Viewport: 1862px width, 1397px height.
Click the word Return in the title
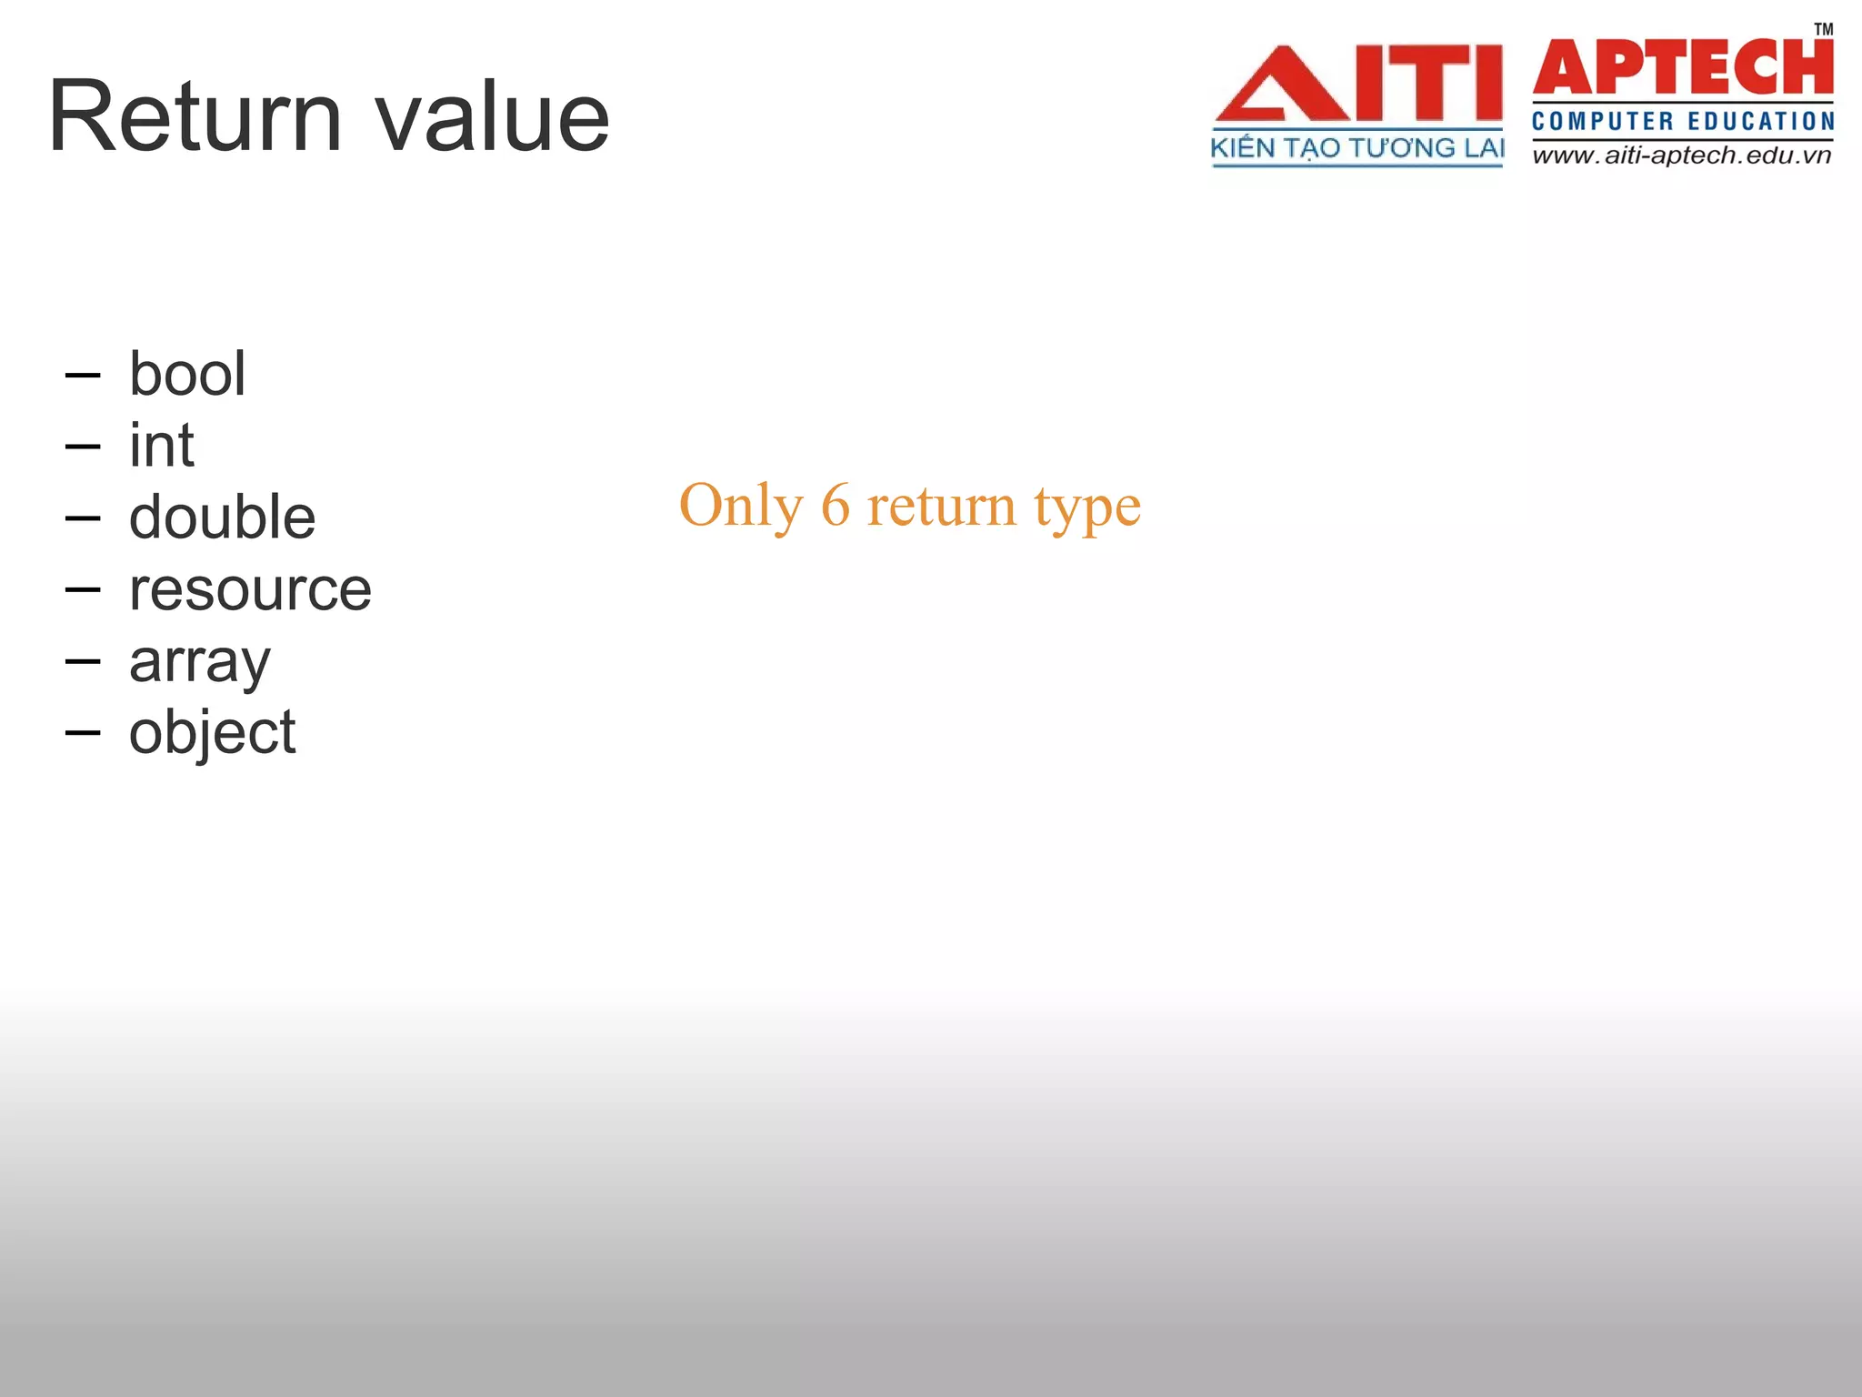pos(195,116)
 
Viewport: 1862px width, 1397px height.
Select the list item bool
pos(187,374)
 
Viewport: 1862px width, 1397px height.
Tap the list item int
pos(162,446)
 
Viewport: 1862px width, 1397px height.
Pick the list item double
pos(223,517)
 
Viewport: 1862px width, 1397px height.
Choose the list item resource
pos(250,589)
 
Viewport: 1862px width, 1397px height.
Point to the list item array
pos(200,661)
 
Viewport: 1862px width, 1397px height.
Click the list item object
pos(212,733)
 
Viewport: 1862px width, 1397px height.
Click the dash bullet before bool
pos(83,374)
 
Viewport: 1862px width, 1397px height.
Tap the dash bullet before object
pos(83,732)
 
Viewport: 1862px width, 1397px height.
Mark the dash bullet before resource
pos(83,589)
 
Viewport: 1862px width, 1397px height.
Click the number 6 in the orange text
pos(836,506)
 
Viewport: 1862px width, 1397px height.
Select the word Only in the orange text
pos(741,506)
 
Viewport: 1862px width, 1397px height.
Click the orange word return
pos(941,506)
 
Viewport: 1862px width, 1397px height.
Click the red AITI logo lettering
pos(1358,84)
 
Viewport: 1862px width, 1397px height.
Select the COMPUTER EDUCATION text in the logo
pos(1683,121)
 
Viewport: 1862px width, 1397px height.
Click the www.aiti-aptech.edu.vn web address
pos(1682,156)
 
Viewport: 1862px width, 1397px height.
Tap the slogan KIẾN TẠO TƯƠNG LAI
pos(1357,148)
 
